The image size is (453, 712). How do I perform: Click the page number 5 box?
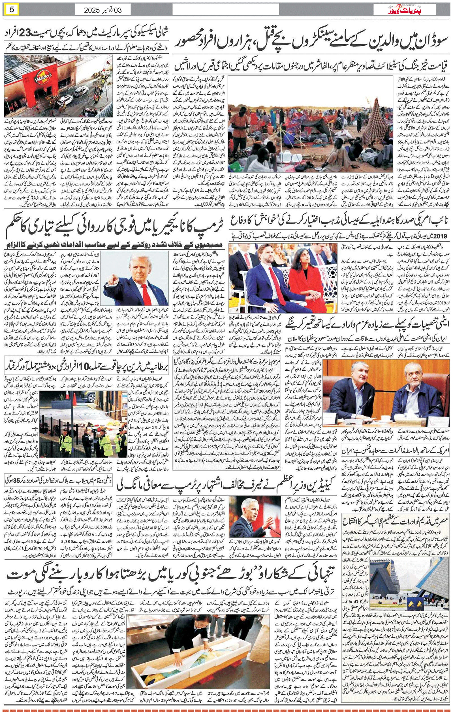pos(12,9)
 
